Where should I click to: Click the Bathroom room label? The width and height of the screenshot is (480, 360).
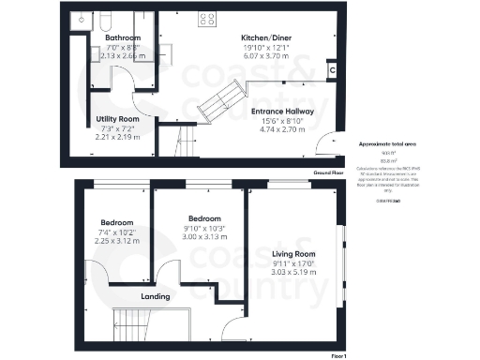tap(122, 38)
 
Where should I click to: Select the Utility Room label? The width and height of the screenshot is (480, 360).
tap(119, 119)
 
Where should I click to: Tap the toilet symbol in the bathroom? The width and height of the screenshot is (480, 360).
tap(105, 21)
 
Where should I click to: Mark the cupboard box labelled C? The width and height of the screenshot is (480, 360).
tap(333, 69)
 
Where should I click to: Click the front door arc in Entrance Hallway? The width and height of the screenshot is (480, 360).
tap(323, 145)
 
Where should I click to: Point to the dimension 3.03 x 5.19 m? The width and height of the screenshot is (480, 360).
tap(292, 272)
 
